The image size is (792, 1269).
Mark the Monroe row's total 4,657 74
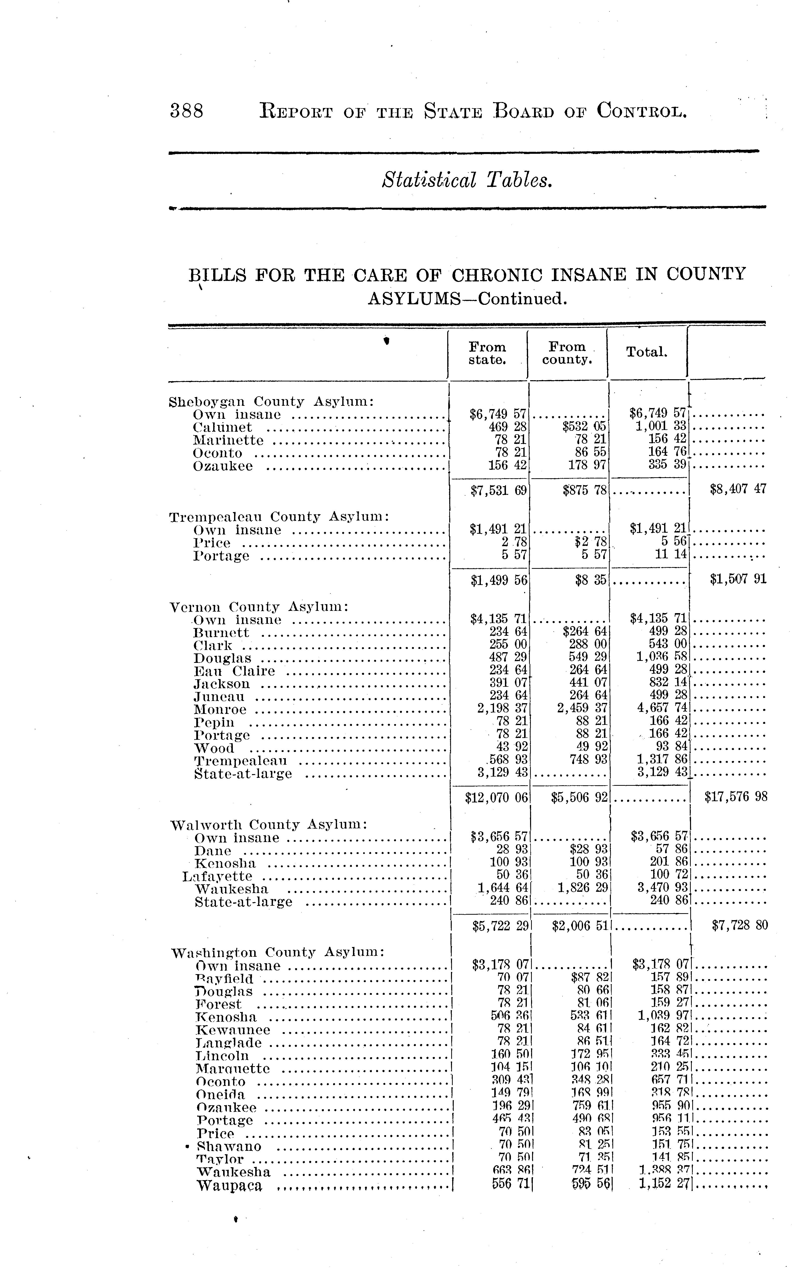pyautogui.click(x=661, y=709)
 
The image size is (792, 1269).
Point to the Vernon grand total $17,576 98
pyautogui.click(x=736, y=797)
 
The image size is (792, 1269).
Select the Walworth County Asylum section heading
pyautogui.click(x=269, y=825)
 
